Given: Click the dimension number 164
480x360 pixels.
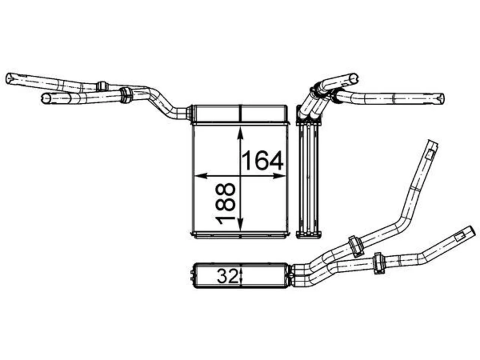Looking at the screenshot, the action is coord(262,160).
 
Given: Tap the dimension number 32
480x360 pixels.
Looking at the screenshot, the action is coord(227,276).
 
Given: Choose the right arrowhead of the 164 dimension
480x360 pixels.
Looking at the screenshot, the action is coord(279,175).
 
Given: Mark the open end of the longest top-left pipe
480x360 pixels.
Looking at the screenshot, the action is coord(10,78).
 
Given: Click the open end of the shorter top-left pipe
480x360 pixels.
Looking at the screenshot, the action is coord(45,98).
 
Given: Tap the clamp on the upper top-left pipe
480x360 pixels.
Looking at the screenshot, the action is coord(102,86).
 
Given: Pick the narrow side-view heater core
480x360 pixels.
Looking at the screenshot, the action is coord(309,181).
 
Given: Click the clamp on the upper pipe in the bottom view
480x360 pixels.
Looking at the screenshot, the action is coord(356,246).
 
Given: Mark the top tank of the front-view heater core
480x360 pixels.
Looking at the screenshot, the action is coord(240,113).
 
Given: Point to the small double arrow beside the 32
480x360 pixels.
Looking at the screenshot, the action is coord(241,276).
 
